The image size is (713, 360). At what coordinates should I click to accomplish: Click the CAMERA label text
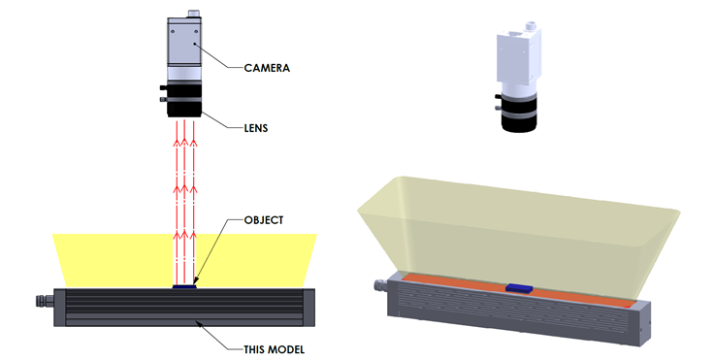[x=267, y=68]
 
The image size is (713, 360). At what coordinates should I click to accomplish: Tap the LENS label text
[x=256, y=128]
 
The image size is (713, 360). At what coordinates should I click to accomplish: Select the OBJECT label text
[x=264, y=220]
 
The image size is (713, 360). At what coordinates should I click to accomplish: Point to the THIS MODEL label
[x=275, y=349]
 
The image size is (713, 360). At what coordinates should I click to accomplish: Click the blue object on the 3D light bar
[x=519, y=288]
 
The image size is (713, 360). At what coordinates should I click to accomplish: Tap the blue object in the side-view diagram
[x=184, y=286]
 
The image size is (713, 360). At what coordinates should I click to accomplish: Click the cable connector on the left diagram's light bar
[x=45, y=301]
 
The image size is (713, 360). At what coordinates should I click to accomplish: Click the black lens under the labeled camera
[x=184, y=100]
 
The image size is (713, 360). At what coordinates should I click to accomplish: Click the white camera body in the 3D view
[x=518, y=59]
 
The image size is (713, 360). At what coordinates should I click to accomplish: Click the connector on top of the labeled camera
[x=194, y=13]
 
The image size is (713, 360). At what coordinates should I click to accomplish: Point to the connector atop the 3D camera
[x=531, y=26]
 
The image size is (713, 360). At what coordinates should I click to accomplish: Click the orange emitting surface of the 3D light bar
[x=518, y=289]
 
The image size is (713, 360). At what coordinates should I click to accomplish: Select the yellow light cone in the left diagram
[x=184, y=260]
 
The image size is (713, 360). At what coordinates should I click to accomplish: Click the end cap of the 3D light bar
[x=641, y=324]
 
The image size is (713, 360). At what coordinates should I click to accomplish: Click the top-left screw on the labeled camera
[x=173, y=31]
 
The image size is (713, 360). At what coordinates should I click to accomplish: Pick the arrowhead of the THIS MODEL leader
[x=198, y=323]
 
